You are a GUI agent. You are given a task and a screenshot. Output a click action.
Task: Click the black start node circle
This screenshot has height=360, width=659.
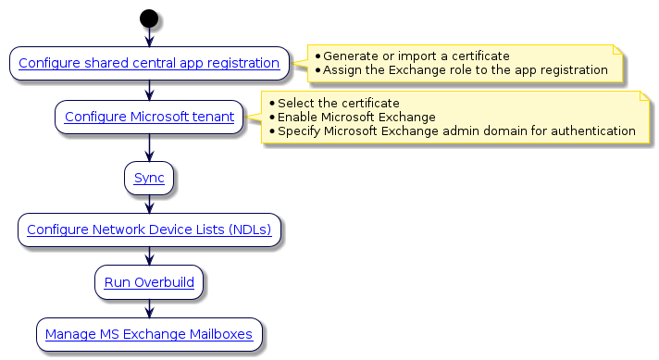[x=148, y=18]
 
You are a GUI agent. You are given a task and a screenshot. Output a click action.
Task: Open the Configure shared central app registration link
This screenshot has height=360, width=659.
[x=149, y=64]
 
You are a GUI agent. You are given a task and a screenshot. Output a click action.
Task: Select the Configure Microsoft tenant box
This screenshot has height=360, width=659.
[x=149, y=117]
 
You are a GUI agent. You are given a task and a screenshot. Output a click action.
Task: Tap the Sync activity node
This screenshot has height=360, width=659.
[x=149, y=178]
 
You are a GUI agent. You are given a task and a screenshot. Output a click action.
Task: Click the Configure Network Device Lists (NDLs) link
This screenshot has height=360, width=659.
[x=149, y=230]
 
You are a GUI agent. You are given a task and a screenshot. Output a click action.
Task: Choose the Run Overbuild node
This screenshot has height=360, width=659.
[x=149, y=282]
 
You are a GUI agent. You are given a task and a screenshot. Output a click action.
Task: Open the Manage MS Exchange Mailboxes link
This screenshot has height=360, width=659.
[x=149, y=334]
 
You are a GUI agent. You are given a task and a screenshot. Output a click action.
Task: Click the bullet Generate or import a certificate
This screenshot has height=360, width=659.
[x=416, y=56]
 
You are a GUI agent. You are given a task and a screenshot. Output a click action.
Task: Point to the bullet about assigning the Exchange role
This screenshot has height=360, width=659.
[x=465, y=70]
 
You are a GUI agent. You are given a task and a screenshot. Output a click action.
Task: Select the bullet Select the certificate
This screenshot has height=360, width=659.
[x=338, y=103]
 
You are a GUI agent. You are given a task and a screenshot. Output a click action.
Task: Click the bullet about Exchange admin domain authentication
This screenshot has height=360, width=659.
[x=455, y=130]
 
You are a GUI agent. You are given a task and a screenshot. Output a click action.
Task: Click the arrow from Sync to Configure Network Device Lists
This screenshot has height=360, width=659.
[x=149, y=204]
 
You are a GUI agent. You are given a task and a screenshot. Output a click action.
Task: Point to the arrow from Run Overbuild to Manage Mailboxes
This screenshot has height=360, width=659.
[x=149, y=308]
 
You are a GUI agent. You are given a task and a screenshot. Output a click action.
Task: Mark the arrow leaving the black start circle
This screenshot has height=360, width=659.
[x=149, y=36]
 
